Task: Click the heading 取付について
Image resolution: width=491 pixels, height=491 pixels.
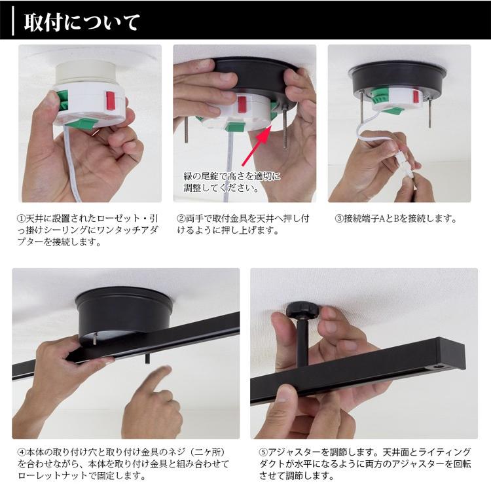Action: click(82, 22)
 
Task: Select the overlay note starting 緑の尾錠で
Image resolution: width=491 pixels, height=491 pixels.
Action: click(232, 182)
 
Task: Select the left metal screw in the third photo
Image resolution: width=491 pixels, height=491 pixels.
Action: click(362, 111)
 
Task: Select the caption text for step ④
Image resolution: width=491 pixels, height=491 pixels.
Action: click(125, 464)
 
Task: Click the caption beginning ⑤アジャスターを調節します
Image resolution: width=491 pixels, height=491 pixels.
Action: click(364, 464)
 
